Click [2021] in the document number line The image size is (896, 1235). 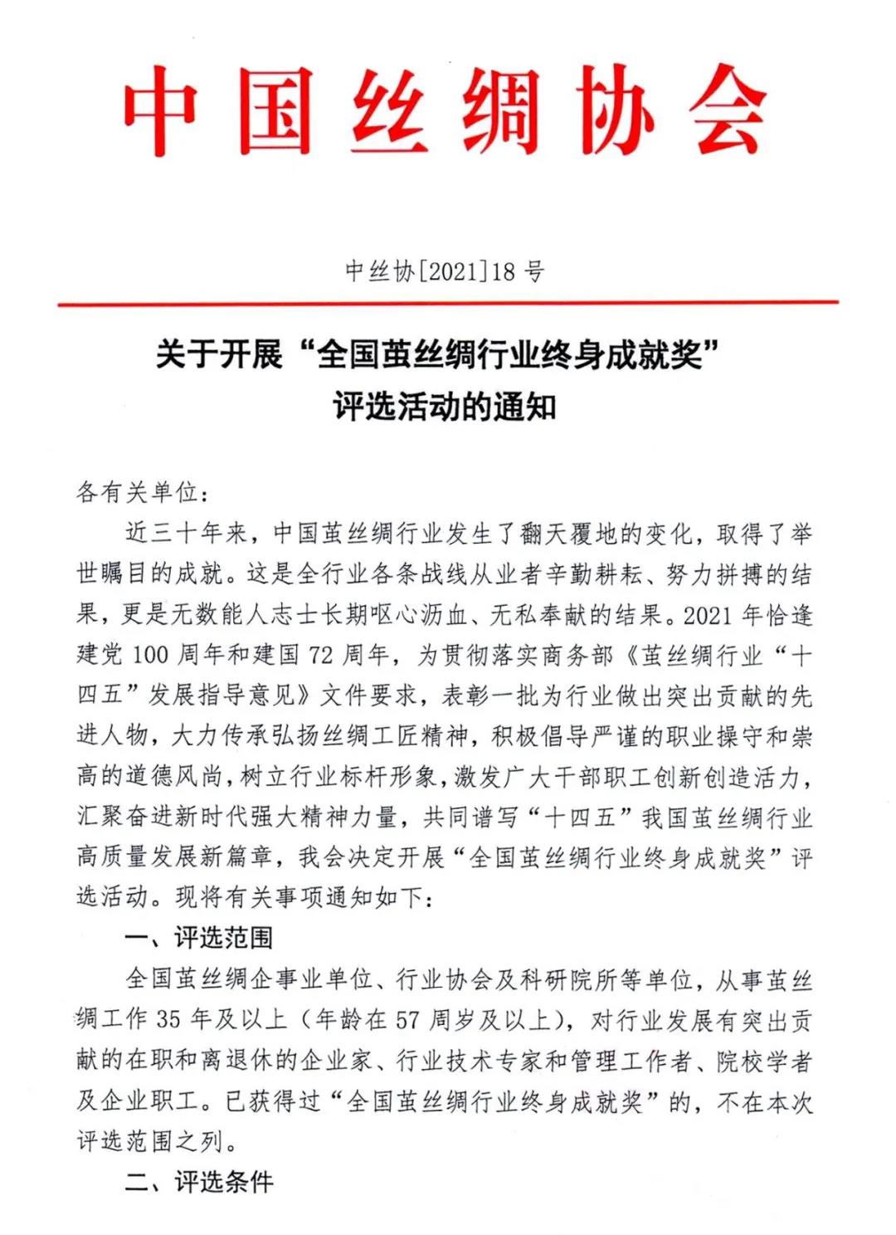point(451,271)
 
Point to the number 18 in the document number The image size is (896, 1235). point(503,271)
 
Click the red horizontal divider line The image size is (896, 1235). point(448,304)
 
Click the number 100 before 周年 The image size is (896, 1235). point(150,655)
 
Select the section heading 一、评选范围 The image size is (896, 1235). point(199,938)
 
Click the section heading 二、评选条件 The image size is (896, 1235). point(199,1182)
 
